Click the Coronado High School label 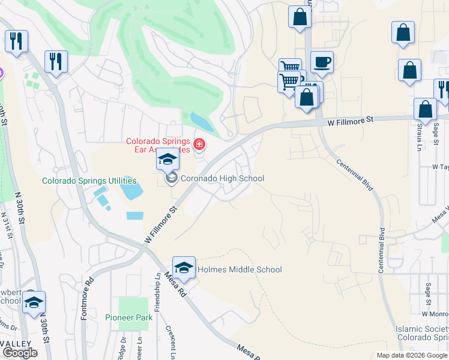(x=222, y=178)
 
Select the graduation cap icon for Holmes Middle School (x=184, y=267)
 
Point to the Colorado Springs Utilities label (x=89, y=181)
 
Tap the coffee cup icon (x=322, y=62)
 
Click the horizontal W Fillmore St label (x=351, y=121)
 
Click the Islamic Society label (x=421, y=333)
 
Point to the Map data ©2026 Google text (x=411, y=355)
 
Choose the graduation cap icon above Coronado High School (x=167, y=159)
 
